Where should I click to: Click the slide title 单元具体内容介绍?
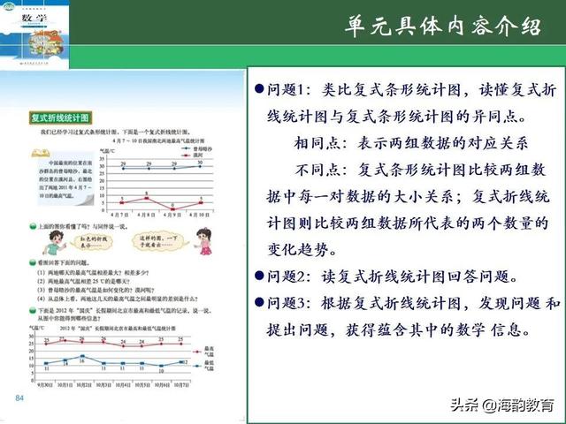(x=443, y=27)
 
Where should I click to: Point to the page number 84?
(x=19, y=400)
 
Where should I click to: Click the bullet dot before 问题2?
(x=259, y=276)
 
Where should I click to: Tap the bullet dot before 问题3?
(x=259, y=303)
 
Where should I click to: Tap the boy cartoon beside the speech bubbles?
(x=52, y=248)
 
